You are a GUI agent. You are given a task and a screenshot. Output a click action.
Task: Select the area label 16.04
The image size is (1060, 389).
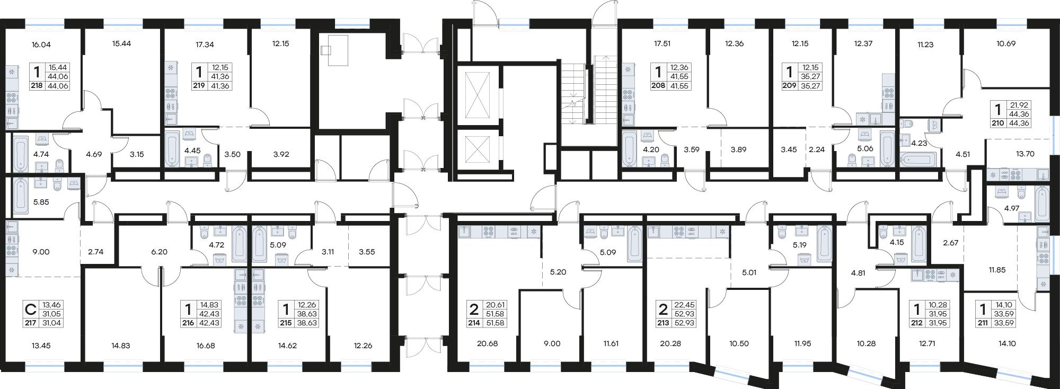point(41,45)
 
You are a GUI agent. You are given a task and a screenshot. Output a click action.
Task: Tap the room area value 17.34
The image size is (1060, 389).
point(205,45)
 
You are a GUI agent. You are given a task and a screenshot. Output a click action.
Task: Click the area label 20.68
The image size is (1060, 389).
point(487,343)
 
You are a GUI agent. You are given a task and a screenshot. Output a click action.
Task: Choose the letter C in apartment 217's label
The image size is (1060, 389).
point(31,308)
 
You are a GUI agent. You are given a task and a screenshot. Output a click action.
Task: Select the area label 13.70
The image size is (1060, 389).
point(1025,154)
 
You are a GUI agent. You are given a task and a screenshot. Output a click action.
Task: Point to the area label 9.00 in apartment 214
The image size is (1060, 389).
point(552,343)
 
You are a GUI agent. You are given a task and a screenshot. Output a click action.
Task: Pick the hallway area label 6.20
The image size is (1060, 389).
point(159,252)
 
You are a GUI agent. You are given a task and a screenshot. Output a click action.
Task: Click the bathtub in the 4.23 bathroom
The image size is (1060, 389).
point(918,159)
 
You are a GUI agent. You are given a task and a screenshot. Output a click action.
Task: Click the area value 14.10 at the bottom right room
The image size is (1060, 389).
point(1006,343)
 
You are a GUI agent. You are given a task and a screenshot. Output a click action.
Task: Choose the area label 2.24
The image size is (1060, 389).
point(817,150)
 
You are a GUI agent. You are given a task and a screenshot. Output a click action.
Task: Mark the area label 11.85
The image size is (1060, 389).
point(997,270)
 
